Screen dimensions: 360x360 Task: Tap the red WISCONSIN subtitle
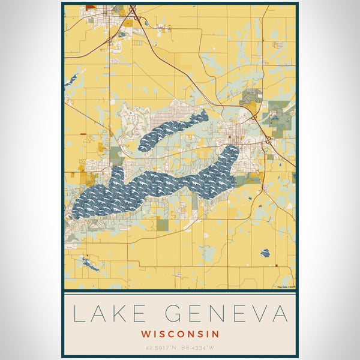[180, 334]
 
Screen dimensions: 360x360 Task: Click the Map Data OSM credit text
[286, 287]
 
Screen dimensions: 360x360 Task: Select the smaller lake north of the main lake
[174, 128]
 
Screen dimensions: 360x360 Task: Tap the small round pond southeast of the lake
[265, 253]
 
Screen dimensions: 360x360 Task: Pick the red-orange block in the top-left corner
[91, 8]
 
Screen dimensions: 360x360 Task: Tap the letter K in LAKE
[120, 314]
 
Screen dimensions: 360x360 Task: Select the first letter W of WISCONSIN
[146, 334]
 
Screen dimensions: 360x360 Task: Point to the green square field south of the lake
[163, 224]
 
